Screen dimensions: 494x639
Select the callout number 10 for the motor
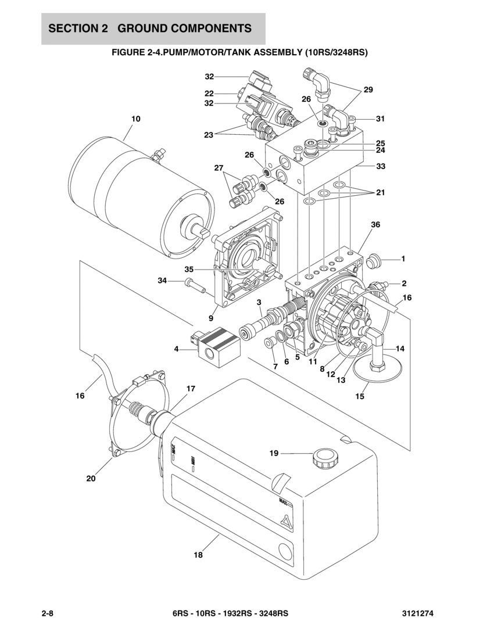tap(136, 119)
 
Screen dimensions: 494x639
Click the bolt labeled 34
tap(196, 285)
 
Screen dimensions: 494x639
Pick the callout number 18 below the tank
tap(198, 555)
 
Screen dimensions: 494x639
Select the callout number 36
tap(375, 224)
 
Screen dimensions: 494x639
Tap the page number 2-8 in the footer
tap(48, 613)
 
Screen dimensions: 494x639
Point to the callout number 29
tap(368, 89)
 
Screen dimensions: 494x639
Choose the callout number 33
tap(380, 166)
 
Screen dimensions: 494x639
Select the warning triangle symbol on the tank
tap(286, 522)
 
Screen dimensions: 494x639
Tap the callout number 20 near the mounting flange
tap(91, 478)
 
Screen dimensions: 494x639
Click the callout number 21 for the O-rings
tap(380, 192)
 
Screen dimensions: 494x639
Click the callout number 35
tap(189, 270)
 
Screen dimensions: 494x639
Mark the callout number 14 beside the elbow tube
tap(400, 349)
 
